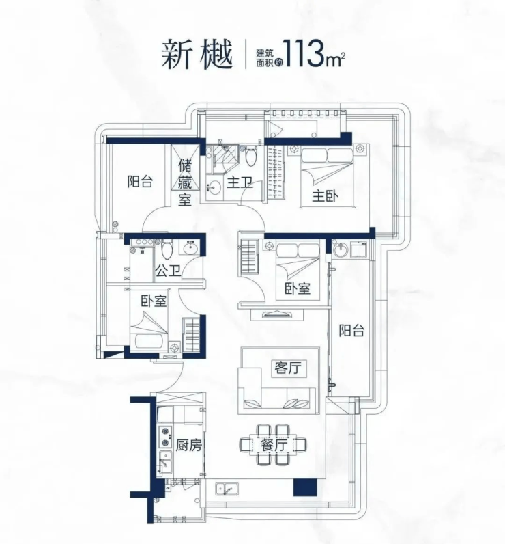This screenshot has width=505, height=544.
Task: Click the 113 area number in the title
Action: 304,55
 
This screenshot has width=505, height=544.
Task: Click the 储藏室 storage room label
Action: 185,182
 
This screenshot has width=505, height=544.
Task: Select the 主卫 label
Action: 240,182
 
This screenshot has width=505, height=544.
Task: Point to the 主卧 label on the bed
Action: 326,196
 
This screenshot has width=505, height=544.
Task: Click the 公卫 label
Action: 168,271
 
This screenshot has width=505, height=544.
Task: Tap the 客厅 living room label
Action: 287,368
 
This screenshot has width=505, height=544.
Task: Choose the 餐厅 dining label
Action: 274,445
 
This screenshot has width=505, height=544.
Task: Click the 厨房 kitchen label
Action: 189,445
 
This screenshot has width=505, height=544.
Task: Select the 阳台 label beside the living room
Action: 351,330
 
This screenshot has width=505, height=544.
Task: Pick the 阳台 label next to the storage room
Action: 140,182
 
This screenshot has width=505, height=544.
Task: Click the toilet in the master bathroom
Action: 250,157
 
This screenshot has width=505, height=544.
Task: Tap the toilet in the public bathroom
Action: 167,248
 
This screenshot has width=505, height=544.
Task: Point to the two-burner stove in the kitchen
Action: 165,437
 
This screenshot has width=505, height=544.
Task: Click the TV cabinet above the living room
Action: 277,314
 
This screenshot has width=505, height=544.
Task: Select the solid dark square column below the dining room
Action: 305,487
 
